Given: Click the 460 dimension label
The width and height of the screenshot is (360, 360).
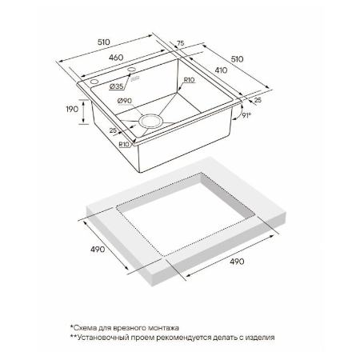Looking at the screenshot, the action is point(116,58).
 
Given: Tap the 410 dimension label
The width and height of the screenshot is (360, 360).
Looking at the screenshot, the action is point(221,70).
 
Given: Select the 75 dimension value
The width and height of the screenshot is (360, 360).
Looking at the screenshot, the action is point(181,43).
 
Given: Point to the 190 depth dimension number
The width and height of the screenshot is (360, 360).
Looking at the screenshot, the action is point(72,109).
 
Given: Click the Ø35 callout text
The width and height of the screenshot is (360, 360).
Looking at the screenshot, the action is point(116,86).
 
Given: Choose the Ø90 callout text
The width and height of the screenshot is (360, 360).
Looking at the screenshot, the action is point(125,101).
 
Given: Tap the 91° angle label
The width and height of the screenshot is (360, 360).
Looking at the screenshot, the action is point(246,115).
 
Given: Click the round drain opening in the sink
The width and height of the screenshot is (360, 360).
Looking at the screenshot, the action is point(150,121).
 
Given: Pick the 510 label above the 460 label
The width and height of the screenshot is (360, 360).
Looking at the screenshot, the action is point(104,42).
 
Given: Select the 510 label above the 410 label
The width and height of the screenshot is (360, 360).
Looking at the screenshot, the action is point(237,59).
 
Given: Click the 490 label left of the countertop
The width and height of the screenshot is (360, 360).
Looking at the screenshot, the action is point(98,250).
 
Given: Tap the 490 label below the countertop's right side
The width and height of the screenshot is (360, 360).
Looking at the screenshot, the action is point(237,262).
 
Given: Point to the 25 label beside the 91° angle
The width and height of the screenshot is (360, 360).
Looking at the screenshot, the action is point(258,100).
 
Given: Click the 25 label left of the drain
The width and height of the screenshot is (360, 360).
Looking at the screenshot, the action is point(113,130).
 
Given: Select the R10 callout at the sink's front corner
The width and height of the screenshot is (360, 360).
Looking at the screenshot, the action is point(124,144).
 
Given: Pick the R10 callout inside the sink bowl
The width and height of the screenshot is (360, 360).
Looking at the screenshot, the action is point(189,79).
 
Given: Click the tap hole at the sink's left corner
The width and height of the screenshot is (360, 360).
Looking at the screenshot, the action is point(94,82).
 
